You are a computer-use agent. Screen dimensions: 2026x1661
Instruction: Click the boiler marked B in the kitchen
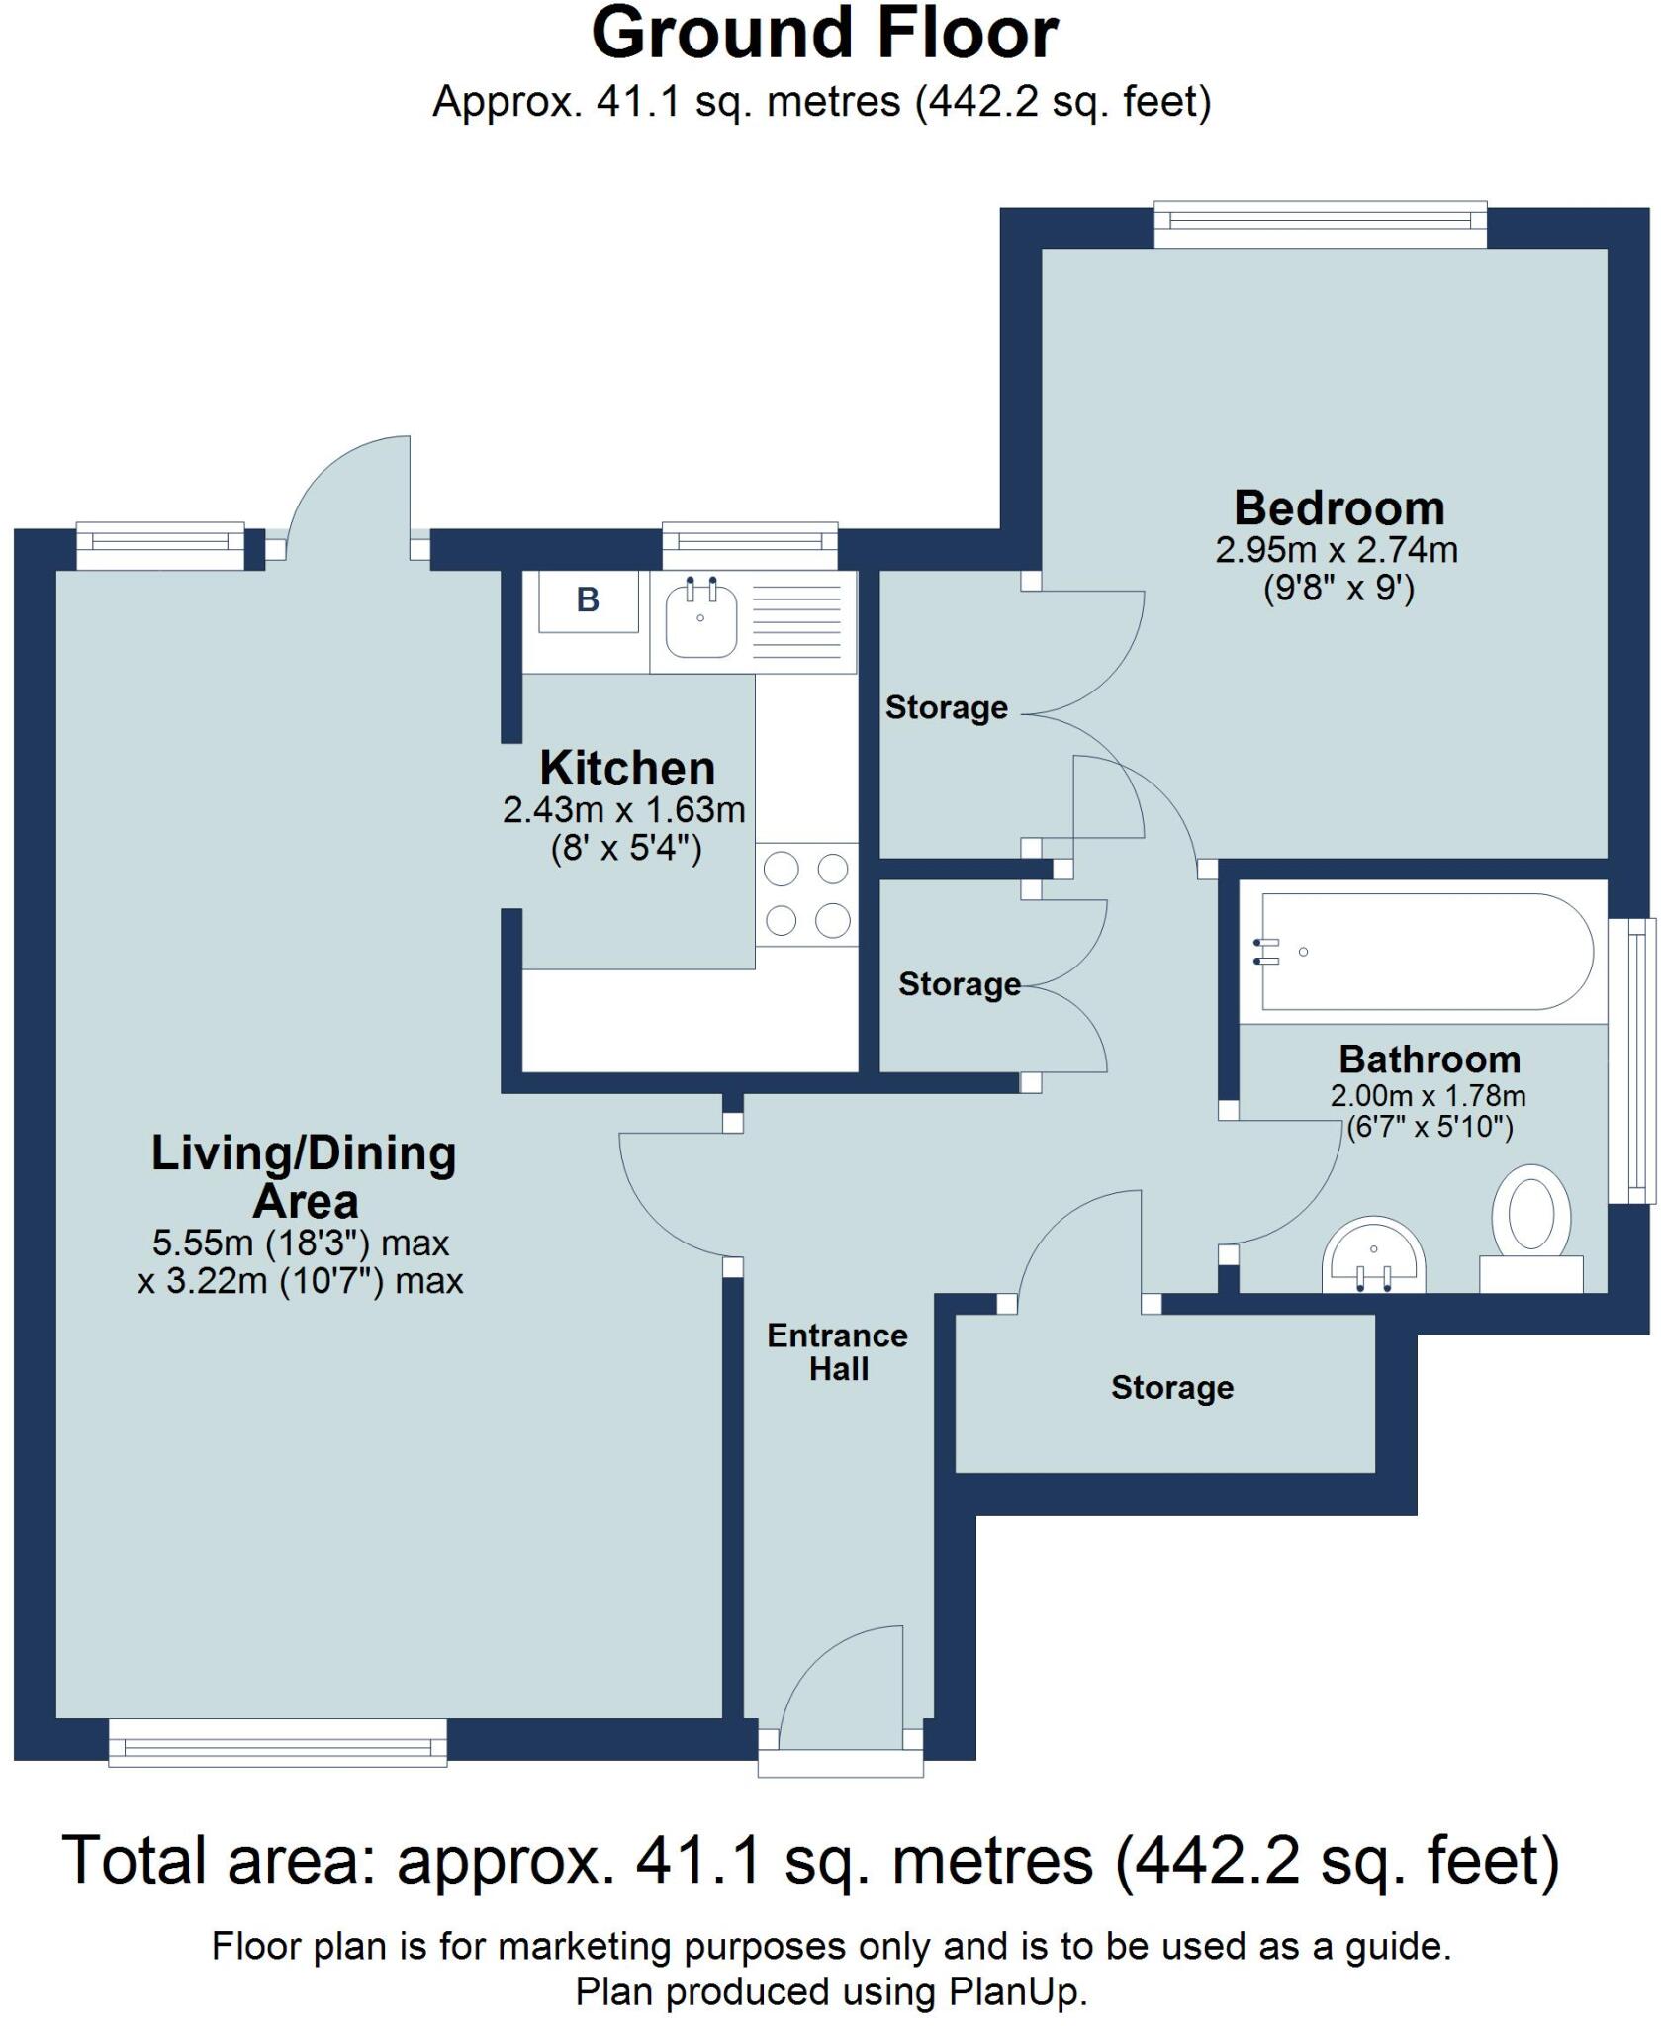pyautogui.click(x=588, y=600)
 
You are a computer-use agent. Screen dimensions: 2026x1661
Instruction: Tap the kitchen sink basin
pyautogui.click(x=701, y=619)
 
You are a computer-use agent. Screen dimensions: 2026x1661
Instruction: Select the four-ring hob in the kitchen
pyautogui.click(x=807, y=894)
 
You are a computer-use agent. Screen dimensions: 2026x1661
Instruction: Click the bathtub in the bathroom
pyautogui.click(x=1425, y=952)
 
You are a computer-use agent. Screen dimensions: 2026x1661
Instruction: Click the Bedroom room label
pyautogui.click(x=1338, y=508)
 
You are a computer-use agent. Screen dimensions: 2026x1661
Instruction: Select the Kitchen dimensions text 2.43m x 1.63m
pyautogui.click(x=623, y=810)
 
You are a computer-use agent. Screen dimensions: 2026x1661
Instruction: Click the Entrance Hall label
pyautogui.click(x=837, y=1352)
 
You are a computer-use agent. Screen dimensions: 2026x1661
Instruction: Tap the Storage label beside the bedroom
pyautogui.click(x=946, y=707)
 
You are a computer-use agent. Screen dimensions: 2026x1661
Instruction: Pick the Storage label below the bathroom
pyautogui.click(x=1171, y=1388)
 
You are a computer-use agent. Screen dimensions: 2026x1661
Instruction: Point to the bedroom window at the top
pyautogui.click(x=1320, y=226)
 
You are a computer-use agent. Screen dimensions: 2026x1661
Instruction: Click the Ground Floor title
pyautogui.click(x=824, y=36)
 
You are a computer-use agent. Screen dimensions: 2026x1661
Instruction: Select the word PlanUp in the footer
pyautogui.click(x=1014, y=1991)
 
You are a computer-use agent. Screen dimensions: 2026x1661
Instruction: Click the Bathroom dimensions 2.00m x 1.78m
pyautogui.click(x=1428, y=1096)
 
